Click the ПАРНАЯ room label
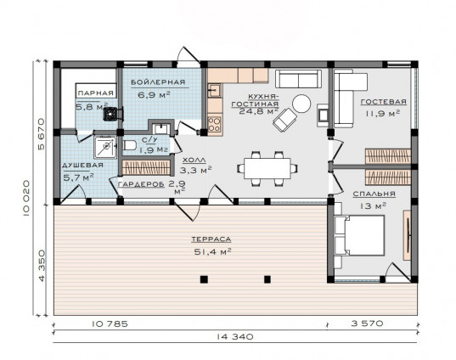coord(96,93)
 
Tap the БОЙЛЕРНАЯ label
coord(158,82)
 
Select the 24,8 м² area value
coord(258,110)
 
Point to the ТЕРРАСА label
coord(211,239)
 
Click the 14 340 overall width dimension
coord(235,337)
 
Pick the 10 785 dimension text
coord(110,323)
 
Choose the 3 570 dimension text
coord(367,323)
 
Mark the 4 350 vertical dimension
coord(42,265)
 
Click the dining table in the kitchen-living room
coord(267,168)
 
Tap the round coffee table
coord(301,104)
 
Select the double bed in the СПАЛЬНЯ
coord(359,235)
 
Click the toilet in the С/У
coord(129,145)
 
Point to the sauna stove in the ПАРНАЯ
coord(113,114)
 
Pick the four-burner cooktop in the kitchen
coord(215,124)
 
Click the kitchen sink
coord(214,91)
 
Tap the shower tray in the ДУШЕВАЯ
coord(105,148)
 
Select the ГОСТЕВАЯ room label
coord(384,102)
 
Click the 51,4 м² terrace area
coord(212,251)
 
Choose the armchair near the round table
coord(284,120)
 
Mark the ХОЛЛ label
coord(194,160)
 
